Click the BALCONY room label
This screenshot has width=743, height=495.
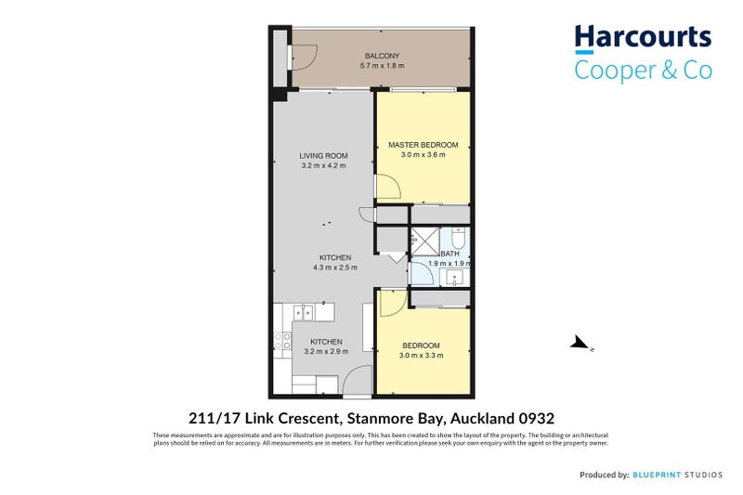(376, 56)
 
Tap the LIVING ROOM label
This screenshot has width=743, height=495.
(323, 155)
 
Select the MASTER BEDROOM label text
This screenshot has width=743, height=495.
(424, 145)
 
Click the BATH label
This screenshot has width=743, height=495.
(450, 254)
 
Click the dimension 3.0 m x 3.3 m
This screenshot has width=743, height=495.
(421, 356)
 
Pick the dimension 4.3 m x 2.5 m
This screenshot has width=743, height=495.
(335, 267)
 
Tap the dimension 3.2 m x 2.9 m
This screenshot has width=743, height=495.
(326, 352)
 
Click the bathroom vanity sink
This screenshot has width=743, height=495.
(456, 276)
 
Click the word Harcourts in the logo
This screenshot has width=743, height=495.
(643, 38)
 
